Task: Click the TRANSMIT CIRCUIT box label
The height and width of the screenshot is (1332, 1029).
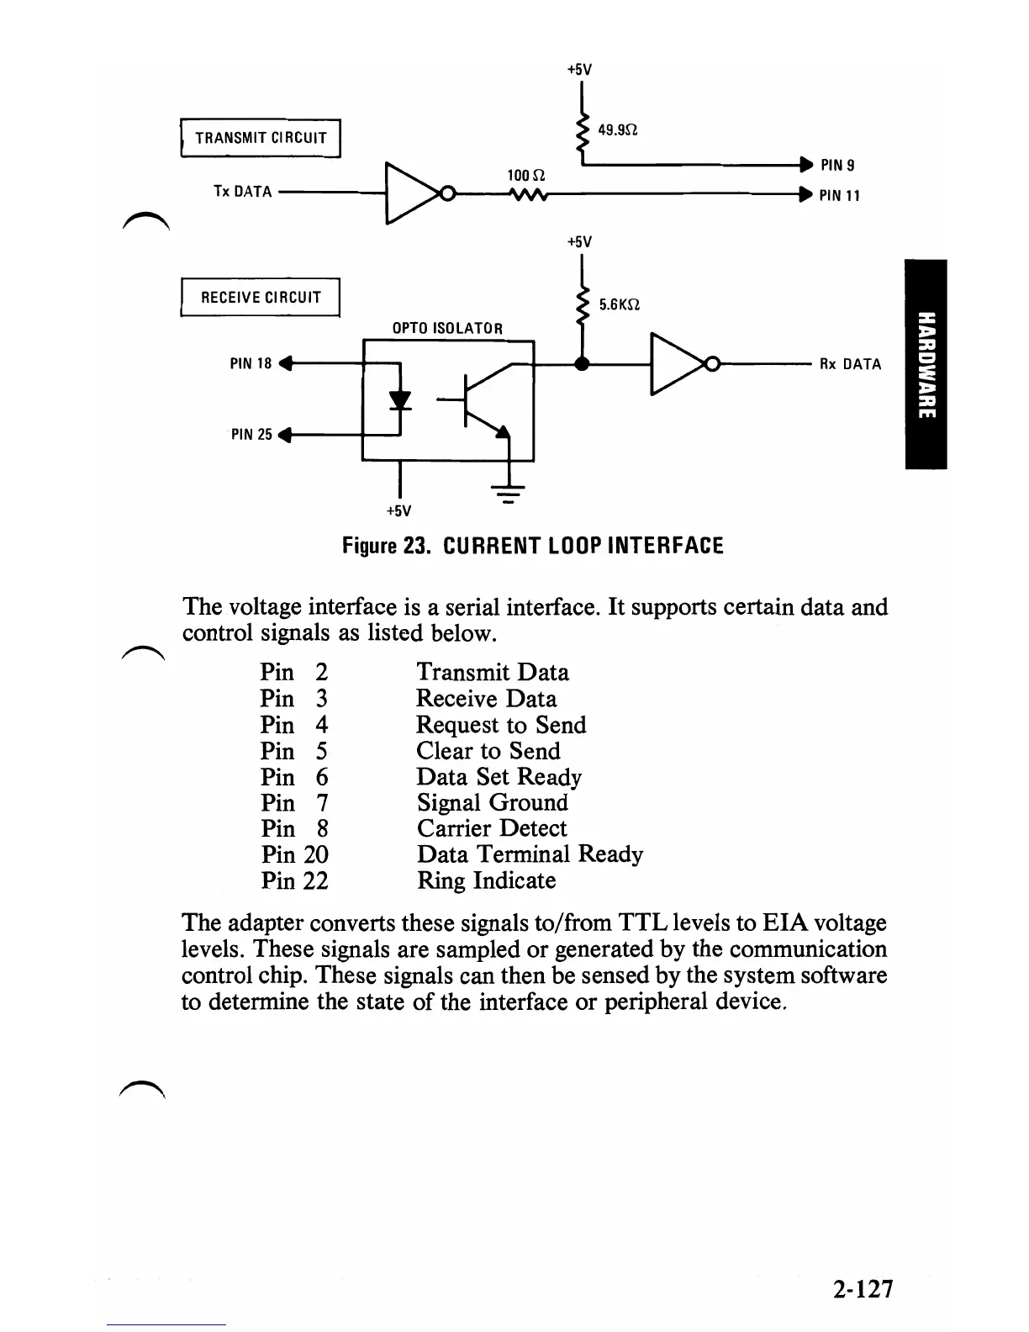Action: coord(261,138)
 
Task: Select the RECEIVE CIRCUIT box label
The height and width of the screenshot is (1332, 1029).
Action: coord(261,297)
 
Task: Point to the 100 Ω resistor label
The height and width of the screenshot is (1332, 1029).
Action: coord(526,176)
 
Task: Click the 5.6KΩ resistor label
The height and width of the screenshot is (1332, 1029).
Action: coord(620,304)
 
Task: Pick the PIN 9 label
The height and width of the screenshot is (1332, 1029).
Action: coord(838,165)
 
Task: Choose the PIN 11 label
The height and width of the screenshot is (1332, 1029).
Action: coord(840,196)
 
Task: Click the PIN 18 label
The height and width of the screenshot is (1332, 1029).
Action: coord(251,364)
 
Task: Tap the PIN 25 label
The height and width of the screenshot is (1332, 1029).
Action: coord(251,435)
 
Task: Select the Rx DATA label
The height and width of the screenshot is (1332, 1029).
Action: coord(850,364)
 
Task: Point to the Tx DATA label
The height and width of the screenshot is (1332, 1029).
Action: coord(243,192)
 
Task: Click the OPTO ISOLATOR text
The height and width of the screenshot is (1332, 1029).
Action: coord(447,328)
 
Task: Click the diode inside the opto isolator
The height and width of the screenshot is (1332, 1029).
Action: coord(401,399)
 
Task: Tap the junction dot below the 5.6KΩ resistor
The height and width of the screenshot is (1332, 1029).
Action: coord(581,364)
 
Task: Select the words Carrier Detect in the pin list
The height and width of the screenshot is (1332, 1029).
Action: coord(492,828)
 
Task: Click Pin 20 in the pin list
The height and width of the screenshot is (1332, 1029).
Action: coord(294,854)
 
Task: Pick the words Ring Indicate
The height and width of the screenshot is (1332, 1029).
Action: coord(487,880)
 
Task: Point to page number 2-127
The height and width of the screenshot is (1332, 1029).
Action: coord(863,1288)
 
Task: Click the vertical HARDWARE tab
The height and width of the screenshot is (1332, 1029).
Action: coord(926,364)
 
